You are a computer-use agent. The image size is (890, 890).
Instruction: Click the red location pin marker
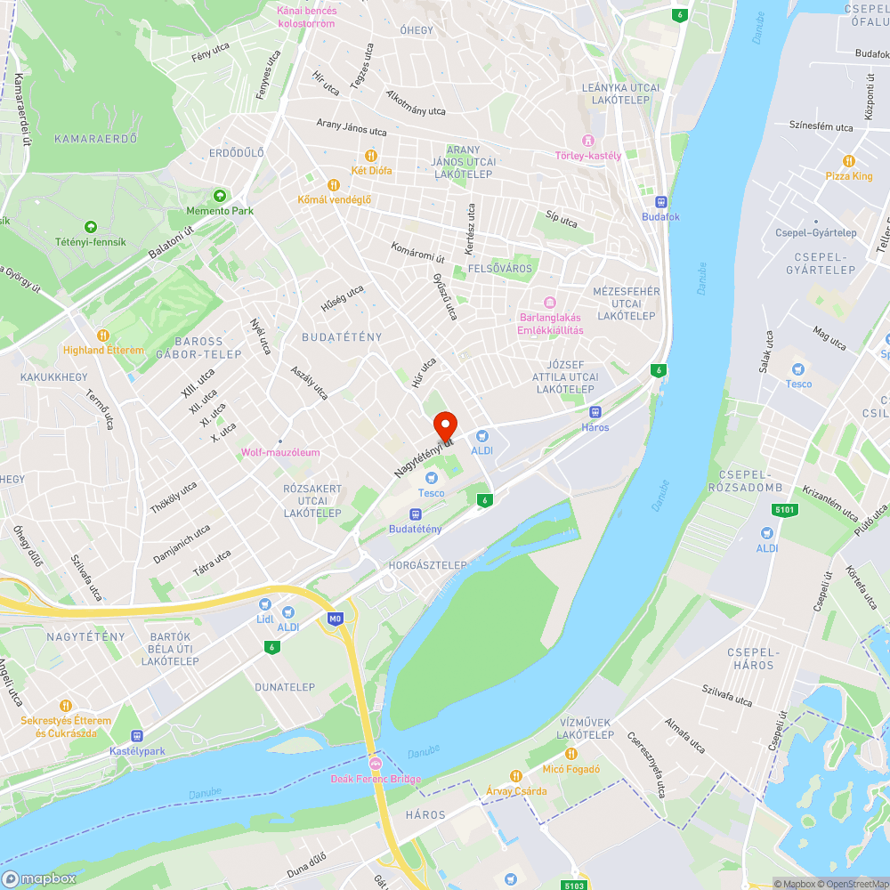tap(445, 424)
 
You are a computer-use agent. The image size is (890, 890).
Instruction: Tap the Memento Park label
tap(220, 211)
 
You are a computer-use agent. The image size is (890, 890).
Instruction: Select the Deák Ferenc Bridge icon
tap(376, 764)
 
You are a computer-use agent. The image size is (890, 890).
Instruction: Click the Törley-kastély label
tap(588, 156)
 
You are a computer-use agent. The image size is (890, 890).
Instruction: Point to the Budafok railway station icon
tap(660, 202)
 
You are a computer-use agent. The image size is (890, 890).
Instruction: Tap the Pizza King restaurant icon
tap(849, 161)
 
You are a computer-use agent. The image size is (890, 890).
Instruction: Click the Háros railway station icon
tap(595, 412)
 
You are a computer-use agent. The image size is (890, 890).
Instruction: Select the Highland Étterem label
tap(103, 350)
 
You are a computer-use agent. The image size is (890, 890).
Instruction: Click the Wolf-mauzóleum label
tap(280, 452)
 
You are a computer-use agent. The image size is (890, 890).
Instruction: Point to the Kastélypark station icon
tap(137, 736)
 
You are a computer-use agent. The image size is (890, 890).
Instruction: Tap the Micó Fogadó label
tap(571, 769)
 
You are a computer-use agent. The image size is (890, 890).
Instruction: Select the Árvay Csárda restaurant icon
tap(515, 775)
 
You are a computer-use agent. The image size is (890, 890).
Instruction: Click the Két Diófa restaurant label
tap(372, 170)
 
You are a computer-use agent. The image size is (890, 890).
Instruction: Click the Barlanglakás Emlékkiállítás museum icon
tap(550, 303)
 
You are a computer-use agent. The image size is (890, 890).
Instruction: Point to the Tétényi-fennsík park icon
tap(90, 227)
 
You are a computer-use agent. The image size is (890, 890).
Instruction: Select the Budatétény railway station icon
tap(415, 514)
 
